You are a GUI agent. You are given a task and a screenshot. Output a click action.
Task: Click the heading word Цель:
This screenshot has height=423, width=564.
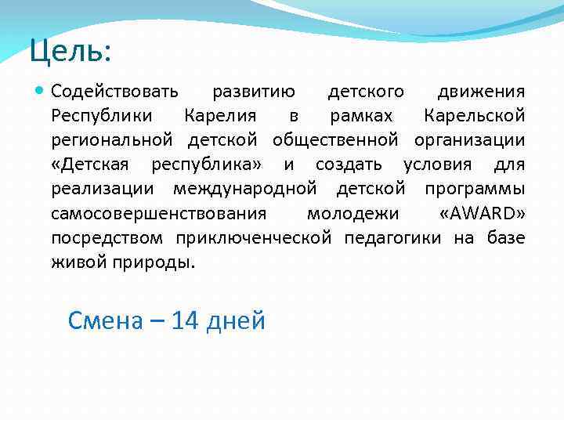(70, 52)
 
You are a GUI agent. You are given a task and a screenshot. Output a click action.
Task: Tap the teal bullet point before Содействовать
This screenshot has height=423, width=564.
(40, 92)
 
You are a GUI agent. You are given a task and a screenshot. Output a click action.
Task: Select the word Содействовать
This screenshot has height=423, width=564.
(115, 92)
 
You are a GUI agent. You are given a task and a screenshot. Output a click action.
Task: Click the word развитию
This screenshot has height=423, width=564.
(254, 92)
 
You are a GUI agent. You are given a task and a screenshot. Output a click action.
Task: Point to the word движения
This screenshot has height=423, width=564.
(481, 92)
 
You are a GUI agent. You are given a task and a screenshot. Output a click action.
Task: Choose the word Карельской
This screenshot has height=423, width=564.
(474, 117)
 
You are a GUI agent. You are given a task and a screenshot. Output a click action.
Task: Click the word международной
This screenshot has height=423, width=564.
(244, 190)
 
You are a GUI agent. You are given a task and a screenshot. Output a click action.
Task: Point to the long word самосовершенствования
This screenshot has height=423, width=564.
(159, 214)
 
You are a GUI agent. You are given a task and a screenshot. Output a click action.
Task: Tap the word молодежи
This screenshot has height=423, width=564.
(352, 214)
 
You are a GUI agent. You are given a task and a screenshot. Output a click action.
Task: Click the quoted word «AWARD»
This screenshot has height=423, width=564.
(483, 214)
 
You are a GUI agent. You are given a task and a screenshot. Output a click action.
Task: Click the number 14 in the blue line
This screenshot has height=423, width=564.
(185, 320)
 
